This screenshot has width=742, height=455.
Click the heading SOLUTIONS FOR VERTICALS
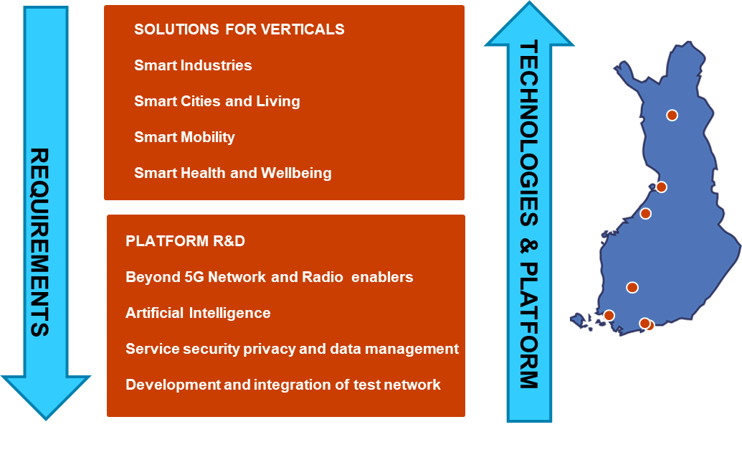coord(239,29)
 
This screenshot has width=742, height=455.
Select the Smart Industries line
coord(193,65)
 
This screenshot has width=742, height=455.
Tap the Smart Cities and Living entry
coord(217,101)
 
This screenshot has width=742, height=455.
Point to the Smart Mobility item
coord(184,137)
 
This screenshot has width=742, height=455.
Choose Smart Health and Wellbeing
coord(232,173)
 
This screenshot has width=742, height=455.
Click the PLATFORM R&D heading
coord(185,241)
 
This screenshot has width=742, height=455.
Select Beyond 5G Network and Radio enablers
coord(269,277)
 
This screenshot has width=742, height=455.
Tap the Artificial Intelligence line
coord(198,313)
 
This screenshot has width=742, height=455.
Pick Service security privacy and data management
coord(292,349)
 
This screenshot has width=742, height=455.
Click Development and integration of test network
coord(282,385)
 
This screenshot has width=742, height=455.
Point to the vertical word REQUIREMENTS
coord(40,243)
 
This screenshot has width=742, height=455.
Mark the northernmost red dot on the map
coord(672,115)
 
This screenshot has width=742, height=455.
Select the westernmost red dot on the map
coord(609,315)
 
